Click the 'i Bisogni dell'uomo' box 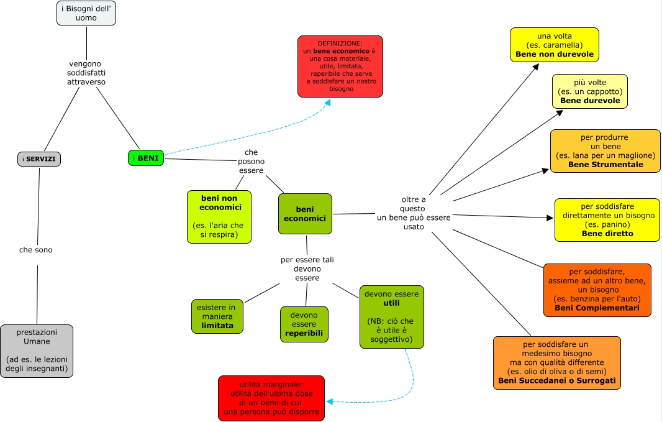[86, 13]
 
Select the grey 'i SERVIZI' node [39, 159]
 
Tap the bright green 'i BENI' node [147, 158]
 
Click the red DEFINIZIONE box [340, 67]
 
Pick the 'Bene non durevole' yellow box [554, 45]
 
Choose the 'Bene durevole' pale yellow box [589, 91]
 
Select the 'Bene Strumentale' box [605, 151]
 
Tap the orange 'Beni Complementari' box [597, 290]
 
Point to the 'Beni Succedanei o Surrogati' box [556, 363]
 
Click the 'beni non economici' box [219, 216]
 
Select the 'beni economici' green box [305, 214]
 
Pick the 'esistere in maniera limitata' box [217, 316]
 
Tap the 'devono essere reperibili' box [304, 324]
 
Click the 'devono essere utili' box [391, 316]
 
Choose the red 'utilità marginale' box [271, 398]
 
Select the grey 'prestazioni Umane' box [37, 351]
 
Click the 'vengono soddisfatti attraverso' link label [86, 73]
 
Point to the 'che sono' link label [36, 250]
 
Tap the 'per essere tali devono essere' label [307, 268]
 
